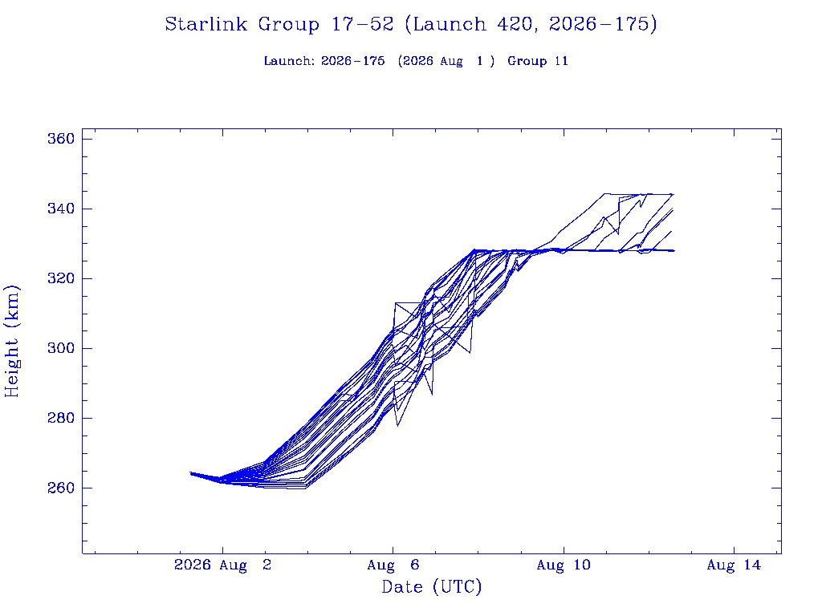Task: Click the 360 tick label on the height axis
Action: [61, 139]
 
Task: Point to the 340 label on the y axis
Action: [61, 209]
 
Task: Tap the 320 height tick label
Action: [61, 278]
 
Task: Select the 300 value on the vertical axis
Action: [61, 348]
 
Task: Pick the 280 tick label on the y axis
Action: [61, 418]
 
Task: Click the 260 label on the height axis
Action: [61, 488]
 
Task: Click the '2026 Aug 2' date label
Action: [223, 565]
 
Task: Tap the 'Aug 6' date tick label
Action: [393, 565]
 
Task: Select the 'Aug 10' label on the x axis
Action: [564, 565]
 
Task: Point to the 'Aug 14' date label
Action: [734, 565]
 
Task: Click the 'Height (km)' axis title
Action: [11, 342]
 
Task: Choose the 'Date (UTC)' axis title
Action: [431, 587]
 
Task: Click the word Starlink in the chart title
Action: [205, 24]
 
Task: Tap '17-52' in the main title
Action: [362, 24]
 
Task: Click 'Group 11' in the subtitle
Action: [538, 61]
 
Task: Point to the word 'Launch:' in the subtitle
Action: [289, 61]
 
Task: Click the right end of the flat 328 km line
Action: [674, 251]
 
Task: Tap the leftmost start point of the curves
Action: [190, 473]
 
